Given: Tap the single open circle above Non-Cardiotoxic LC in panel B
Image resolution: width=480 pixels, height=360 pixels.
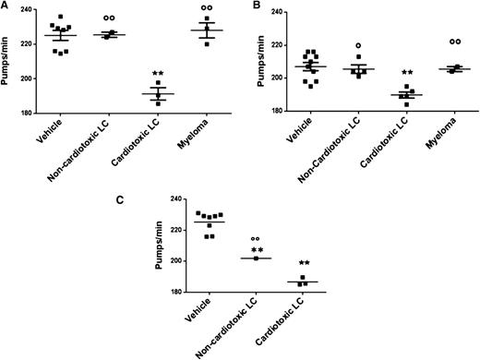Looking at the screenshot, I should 359,45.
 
